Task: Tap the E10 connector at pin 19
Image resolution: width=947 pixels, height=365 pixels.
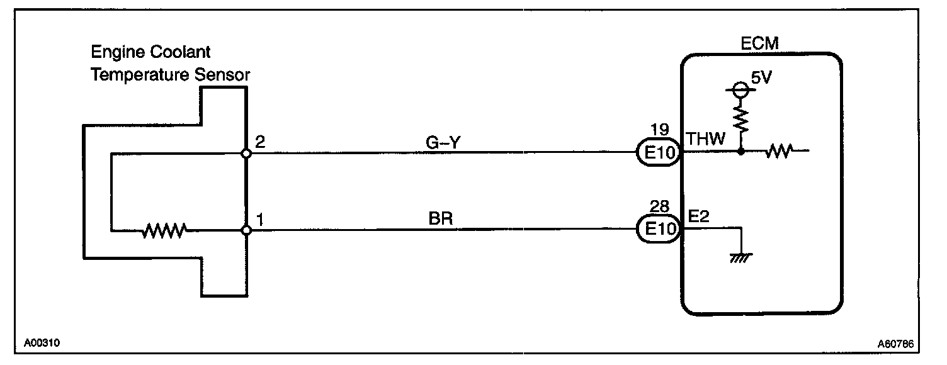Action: [659, 153]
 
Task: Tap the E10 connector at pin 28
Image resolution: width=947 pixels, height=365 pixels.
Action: [659, 230]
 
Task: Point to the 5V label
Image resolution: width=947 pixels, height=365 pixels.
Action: [762, 81]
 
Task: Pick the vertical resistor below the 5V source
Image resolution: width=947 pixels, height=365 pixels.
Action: [742, 118]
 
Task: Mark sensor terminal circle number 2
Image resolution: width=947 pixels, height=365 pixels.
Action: [247, 154]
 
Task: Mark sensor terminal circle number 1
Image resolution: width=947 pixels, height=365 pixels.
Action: [247, 231]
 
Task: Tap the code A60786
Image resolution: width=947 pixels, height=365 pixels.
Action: [895, 344]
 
